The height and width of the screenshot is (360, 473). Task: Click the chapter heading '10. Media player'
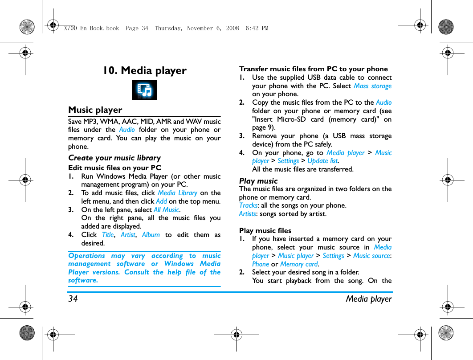145,70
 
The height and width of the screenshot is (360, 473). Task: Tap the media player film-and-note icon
144,90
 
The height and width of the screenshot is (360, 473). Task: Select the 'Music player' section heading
95,110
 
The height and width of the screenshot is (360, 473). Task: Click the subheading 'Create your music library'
114,158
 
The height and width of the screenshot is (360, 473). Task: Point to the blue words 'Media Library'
177,193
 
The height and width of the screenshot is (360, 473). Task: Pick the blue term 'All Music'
166,210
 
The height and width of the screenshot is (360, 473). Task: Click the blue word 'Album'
151,235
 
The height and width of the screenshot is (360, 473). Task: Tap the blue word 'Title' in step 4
108,235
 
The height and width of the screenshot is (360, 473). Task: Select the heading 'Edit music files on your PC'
114,168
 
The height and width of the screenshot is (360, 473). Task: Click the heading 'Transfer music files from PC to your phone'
313,69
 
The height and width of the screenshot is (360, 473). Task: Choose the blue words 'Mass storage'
372,86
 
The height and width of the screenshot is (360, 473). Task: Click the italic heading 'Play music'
258,181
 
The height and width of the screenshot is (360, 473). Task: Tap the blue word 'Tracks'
248,205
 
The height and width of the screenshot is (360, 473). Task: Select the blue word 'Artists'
248,214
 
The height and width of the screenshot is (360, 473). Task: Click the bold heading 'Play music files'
265,230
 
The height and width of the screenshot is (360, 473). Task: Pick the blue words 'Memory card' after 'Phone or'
299,264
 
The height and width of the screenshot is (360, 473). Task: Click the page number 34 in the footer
73,299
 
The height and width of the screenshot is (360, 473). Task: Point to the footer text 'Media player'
368,299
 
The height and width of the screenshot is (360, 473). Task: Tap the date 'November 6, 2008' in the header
212,29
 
